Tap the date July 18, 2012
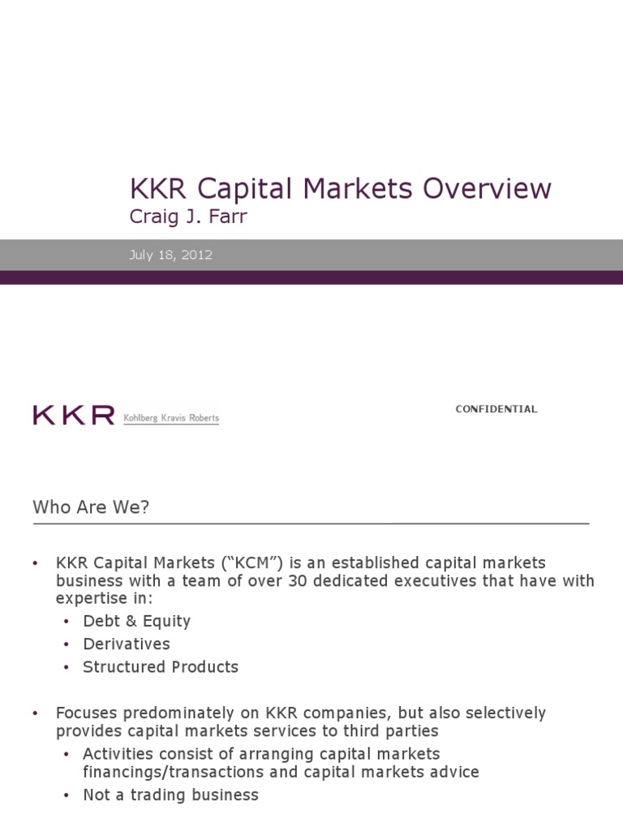click(170, 255)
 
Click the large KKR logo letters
click(73, 415)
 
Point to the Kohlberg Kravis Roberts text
click(170, 418)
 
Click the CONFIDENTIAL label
click(496, 409)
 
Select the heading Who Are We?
click(91, 507)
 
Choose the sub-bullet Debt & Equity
click(136, 621)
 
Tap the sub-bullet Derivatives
click(127, 644)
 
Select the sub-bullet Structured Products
click(161, 666)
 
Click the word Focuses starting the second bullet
click(86, 713)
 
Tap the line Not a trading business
click(170, 794)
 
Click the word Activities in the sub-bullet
click(116, 753)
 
